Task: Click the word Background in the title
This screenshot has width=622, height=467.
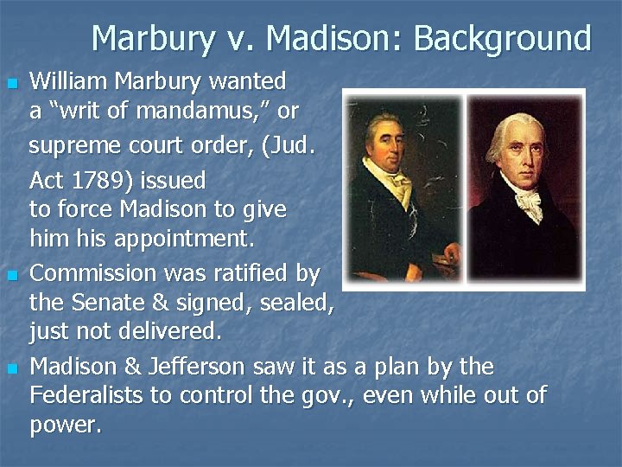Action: (503, 39)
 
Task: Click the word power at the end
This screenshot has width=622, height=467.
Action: (65, 425)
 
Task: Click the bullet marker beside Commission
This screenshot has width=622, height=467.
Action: (12, 276)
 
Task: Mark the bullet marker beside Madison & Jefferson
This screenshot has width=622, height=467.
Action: (12, 369)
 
